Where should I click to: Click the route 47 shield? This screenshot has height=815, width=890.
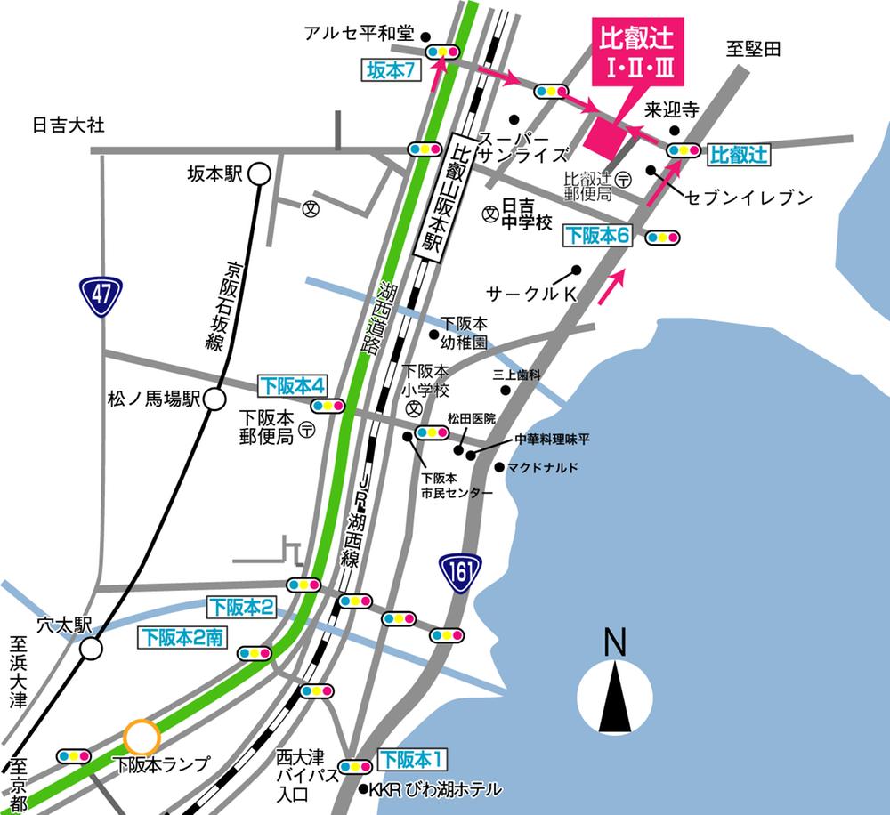(100, 297)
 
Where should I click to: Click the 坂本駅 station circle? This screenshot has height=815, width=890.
(259, 174)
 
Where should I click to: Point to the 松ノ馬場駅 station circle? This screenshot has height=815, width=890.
(214, 399)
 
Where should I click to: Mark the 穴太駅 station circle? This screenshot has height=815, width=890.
(91, 649)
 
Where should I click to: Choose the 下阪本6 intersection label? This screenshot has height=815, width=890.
(599, 236)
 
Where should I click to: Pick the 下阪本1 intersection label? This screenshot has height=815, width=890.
(412, 760)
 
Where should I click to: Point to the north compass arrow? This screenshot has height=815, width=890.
(614, 690)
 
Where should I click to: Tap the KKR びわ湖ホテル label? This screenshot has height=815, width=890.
(435, 789)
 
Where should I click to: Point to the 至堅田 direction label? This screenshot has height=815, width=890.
(753, 50)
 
